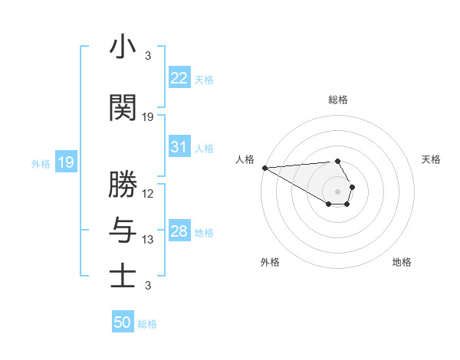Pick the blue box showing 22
179,77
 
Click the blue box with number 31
179,147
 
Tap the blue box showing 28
179,231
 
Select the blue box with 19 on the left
65,162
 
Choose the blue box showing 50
123,322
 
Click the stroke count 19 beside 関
148,117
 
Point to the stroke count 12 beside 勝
148,193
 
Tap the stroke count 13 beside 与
148,240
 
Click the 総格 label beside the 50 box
147,324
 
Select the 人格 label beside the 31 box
204,148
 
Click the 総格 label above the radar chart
337,100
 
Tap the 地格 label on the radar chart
402,262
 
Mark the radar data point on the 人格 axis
264,168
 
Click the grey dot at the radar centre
337,191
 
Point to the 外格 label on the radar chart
270,262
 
